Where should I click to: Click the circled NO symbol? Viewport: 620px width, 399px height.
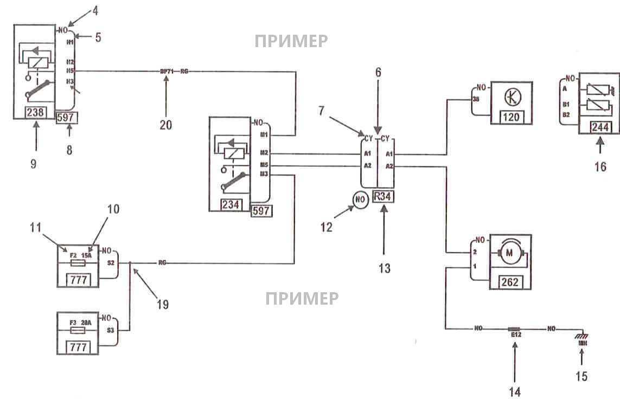360,199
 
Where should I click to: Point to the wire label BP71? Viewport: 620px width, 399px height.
166,71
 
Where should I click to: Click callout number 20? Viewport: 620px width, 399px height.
166,125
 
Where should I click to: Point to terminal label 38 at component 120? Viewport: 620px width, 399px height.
475,100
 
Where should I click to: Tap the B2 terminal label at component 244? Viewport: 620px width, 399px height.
566,115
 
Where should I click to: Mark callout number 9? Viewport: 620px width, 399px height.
34,163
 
